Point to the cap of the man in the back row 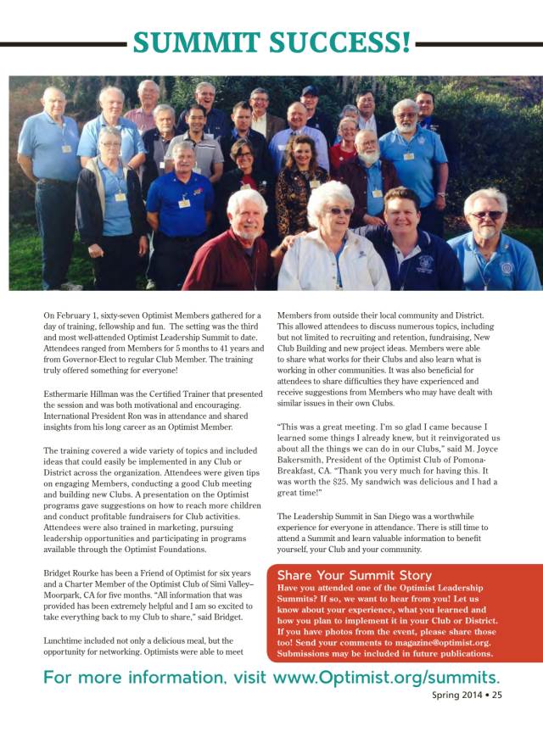click(310, 90)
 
